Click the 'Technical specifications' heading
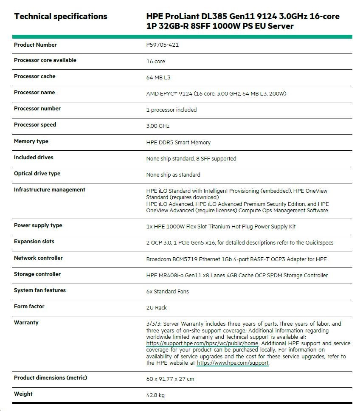point(60,17)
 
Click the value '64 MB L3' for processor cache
point(158,78)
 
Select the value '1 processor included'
point(171,110)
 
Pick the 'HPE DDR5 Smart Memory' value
point(178,143)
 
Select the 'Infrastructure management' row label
point(49,190)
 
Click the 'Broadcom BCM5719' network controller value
point(236,259)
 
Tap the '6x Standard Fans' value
point(167,292)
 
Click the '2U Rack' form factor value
point(156,308)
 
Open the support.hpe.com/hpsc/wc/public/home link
point(202,343)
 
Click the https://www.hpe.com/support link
point(233,363)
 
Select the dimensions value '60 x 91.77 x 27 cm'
point(170,379)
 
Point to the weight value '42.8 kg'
point(155,395)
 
